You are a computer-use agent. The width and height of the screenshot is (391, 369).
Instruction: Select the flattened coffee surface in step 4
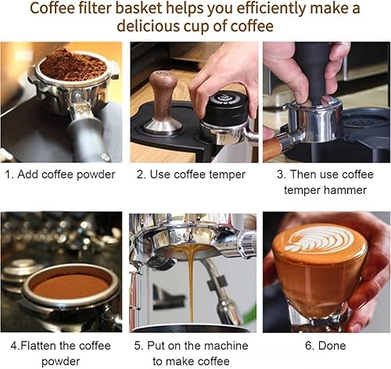pyautogui.click(x=70, y=285)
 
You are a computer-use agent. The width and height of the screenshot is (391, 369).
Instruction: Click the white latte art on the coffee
pyautogui.click(x=318, y=238)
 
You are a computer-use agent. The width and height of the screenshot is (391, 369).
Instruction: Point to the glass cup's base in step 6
pyautogui.click(x=321, y=317)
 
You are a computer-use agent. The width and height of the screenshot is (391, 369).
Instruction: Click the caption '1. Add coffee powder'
pyautogui.click(x=61, y=174)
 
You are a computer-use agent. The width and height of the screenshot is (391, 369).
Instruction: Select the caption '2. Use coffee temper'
pyautogui.click(x=192, y=174)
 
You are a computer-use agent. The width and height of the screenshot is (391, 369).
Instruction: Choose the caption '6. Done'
pyautogui.click(x=323, y=345)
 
